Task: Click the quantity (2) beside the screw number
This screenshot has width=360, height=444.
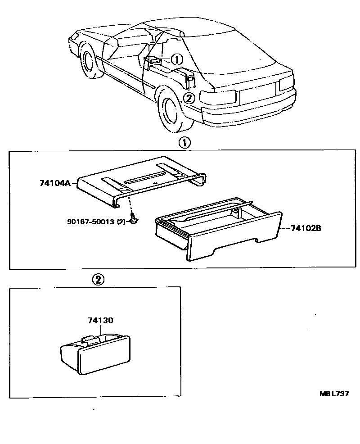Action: tap(121, 222)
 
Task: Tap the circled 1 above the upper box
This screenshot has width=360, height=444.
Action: tap(185, 143)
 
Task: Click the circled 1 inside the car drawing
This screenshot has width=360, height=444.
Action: tap(177, 59)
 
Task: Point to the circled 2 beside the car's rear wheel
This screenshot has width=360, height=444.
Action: tap(189, 97)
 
